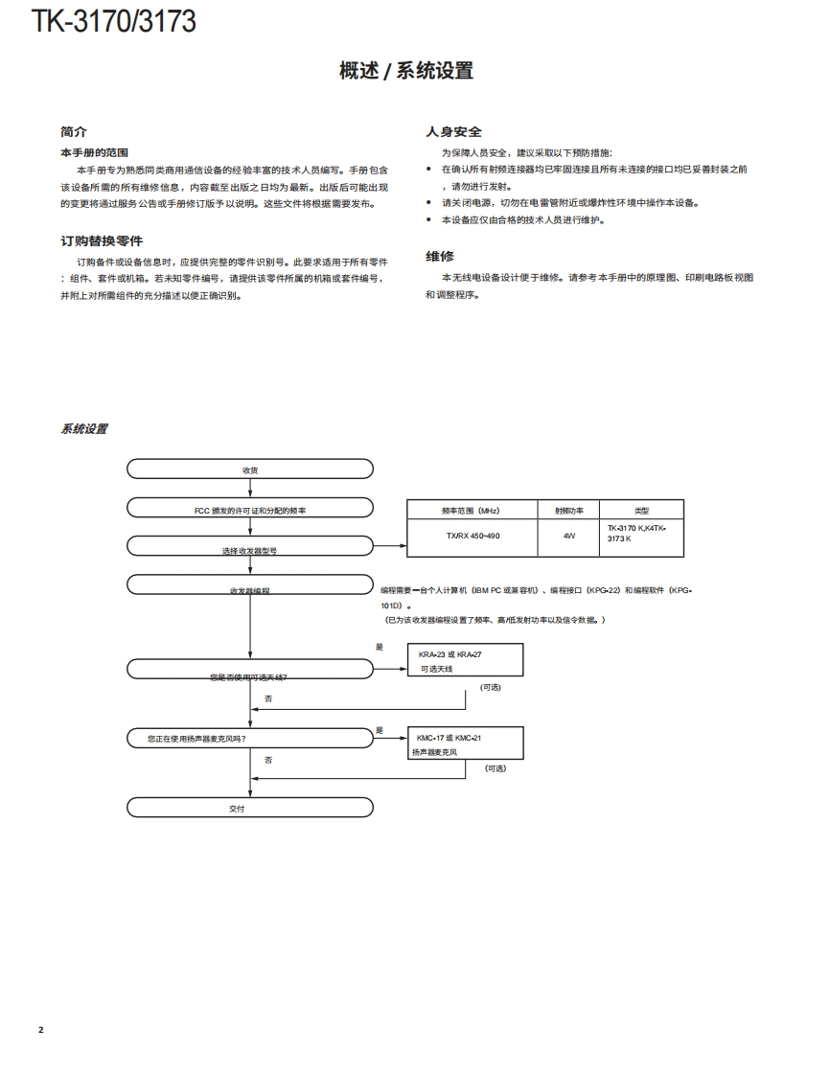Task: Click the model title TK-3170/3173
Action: coord(114,21)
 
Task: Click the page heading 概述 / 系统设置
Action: coord(406,71)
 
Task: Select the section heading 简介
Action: coord(74,132)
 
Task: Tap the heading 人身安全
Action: coord(453,132)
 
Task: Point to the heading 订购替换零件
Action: coord(102,240)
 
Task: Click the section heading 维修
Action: coord(440,256)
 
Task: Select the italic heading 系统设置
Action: coord(84,429)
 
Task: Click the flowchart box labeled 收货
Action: coord(250,469)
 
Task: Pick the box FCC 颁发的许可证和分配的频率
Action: coord(250,510)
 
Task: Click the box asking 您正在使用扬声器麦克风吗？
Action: coord(250,738)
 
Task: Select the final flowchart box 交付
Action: coord(250,809)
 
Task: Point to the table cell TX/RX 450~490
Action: coord(472,536)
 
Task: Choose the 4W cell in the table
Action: coord(569,536)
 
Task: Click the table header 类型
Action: coord(642,511)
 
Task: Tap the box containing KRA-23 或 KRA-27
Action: coord(465,661)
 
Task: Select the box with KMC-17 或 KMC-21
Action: coord(465,744)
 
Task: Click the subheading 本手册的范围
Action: coord(94,152)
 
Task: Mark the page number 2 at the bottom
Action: coord(40,1030)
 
